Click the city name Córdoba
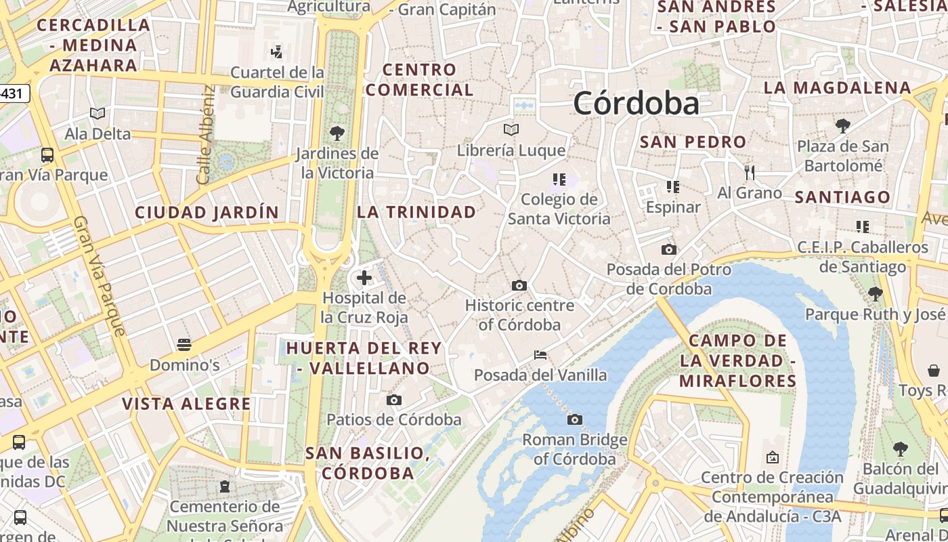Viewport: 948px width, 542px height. pos(636,104)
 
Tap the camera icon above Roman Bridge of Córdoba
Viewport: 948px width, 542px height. pos(574,420)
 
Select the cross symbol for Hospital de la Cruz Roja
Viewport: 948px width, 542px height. pos(364,278)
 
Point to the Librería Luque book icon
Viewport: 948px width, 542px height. pos(511,129)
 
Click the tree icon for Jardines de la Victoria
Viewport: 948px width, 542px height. pos(337,133)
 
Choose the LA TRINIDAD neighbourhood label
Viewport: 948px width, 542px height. pos(416,212)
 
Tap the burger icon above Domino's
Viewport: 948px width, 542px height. pos(184,345)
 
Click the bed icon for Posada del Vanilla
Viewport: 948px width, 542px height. pos(540,354)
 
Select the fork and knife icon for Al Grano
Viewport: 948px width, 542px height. pos(749,173)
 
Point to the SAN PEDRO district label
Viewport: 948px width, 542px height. pos(693,142)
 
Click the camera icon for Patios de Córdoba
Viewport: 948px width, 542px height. pos(393,400)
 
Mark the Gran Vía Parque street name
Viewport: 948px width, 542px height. pos(100,276)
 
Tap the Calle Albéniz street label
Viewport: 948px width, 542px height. pos(204,135)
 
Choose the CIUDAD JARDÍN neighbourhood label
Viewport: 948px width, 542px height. pos(207,213)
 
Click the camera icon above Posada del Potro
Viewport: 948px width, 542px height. pos(668,249)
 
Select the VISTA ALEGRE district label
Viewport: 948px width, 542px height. pos(186,404)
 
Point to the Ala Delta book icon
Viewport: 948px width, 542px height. pos(98,114)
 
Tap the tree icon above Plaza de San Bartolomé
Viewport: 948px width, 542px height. pos(842,126)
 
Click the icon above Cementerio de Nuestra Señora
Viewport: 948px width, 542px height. pos(224,486)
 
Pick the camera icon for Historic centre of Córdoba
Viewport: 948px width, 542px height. pos(519,285)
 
